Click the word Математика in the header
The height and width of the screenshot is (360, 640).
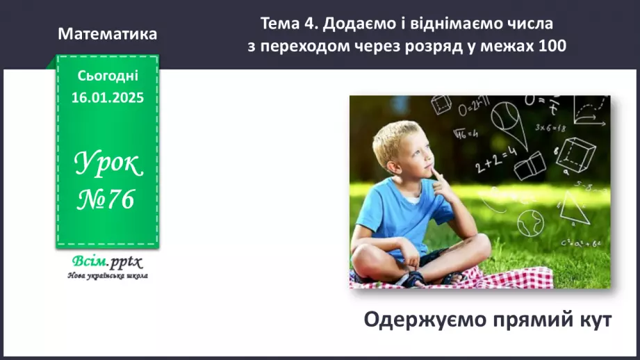coord(108,34)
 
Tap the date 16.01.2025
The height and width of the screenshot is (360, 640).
coord(107,98)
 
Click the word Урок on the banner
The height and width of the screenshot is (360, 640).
coord(108,164)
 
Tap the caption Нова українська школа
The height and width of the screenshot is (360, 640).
coord(107,275)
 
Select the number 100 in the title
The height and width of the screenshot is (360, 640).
coord(552,47)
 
